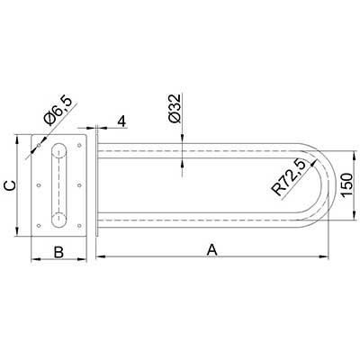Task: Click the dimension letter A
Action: point(212,249)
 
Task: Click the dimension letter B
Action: point(58,252)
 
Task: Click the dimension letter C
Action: point(10,185)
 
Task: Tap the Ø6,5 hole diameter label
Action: point(58,111)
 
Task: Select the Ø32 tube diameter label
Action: point(175,108)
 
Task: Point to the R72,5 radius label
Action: point(288,178)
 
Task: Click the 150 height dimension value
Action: point(346,184)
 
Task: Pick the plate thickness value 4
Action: point(121,121)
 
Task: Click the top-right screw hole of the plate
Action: point(79,146)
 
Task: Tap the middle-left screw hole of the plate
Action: point(39,185)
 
